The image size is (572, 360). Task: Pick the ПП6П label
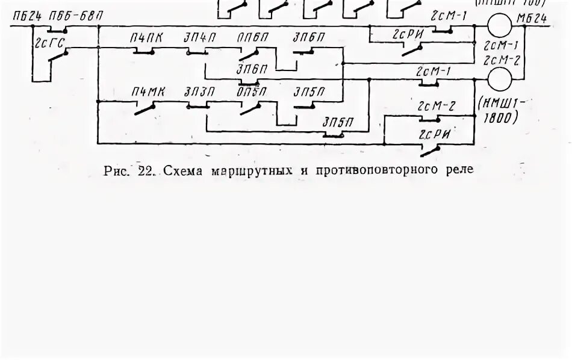click(x=252, y=39)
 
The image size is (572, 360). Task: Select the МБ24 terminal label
click(x=532, y=18)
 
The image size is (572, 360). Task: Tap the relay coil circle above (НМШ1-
click(x=499, y=78)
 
